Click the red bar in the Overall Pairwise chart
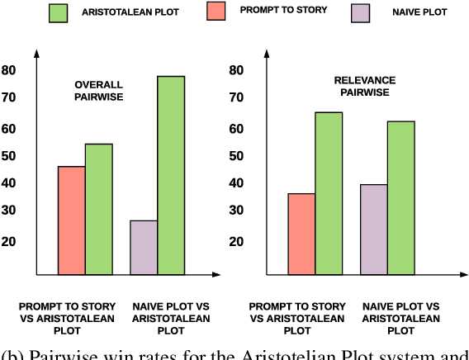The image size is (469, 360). click(x=71, y=220)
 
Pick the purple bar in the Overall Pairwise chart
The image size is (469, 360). click(x=144, y=247)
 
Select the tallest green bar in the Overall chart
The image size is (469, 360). click(x=171, y=174)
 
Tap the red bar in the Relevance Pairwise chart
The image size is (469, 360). click(x=301, y=233)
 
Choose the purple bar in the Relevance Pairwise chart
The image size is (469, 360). click(x=374, y=229)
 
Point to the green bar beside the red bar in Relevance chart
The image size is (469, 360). click(x=329, y=192)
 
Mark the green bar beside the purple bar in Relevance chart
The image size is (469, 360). click(x=401, y=197)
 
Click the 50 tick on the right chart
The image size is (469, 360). click(x=237, y=156)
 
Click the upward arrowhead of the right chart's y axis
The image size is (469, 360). click(x=265, y=55)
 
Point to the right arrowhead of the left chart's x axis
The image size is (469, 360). click(x=216, y=274)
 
